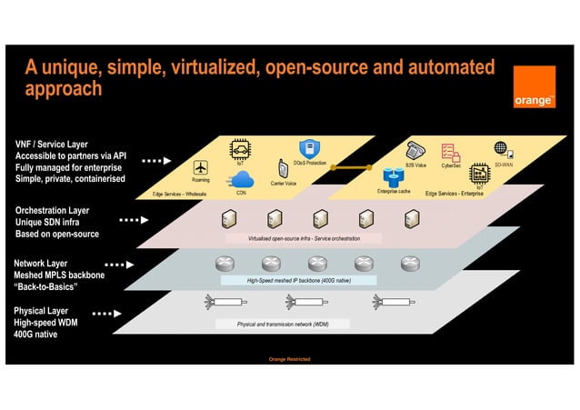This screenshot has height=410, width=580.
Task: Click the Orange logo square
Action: click(534, 87)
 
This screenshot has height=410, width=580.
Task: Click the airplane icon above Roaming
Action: click(201, 167)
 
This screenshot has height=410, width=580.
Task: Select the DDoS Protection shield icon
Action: click(309, 148)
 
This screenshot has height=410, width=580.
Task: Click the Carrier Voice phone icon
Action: click(283, 169)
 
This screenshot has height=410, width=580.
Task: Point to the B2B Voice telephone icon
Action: click(415, 151)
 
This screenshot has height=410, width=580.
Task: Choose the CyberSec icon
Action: click(450, 152)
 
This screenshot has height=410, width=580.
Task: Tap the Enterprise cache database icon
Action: click(394, 176)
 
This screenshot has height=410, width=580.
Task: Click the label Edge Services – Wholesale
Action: click(179, 194)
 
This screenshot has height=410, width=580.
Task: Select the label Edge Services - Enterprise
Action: click(454, 193)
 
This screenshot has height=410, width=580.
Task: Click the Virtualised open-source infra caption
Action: click(304, 238)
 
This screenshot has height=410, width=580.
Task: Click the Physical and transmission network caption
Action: click(283, 324)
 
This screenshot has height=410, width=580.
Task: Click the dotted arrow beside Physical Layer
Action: click(106, 314)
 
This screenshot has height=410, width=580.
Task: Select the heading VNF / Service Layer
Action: click(52, 145)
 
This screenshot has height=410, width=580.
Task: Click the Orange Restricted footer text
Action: click(290, 359)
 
